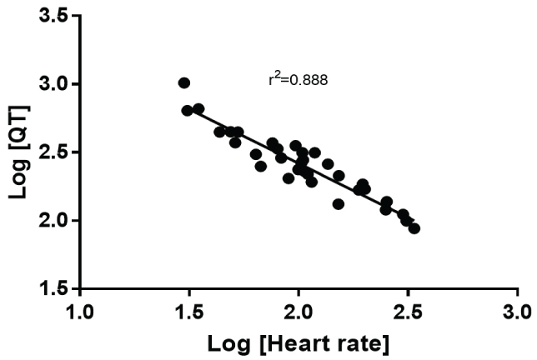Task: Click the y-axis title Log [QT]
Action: coord(20,152)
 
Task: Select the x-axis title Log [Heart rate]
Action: coord(298,342)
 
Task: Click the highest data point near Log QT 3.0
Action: coord(184,82)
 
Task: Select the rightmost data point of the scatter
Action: coord(414,228)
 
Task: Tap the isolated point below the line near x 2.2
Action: coord(339,204)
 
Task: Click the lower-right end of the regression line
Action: coord(409,220)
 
